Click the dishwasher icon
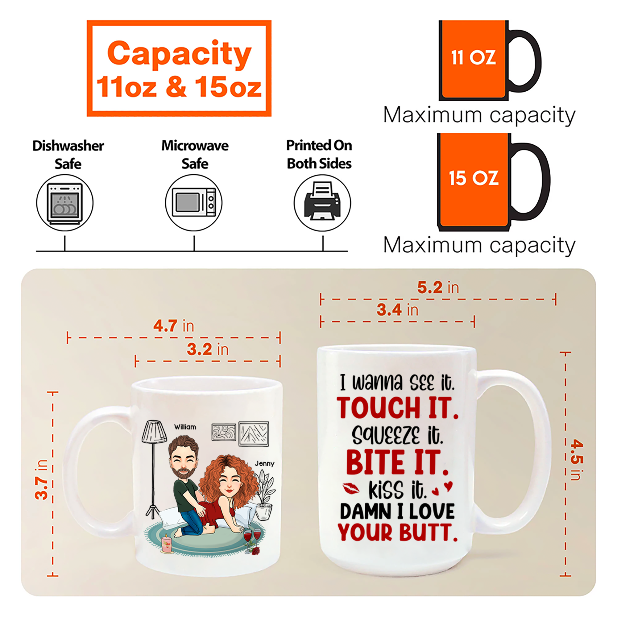point(65,203)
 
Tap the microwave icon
point(194,202)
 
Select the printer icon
point(322,201)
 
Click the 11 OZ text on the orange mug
point(473,58)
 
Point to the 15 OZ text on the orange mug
point(474,178)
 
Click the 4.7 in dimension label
point(173,326)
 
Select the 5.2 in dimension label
point(438,288)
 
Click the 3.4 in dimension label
point(397,309)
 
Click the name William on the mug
point(185,427)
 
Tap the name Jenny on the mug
point(264,464)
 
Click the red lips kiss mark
point(351,488)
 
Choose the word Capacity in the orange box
point(179,53)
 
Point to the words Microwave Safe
point(195,155)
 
